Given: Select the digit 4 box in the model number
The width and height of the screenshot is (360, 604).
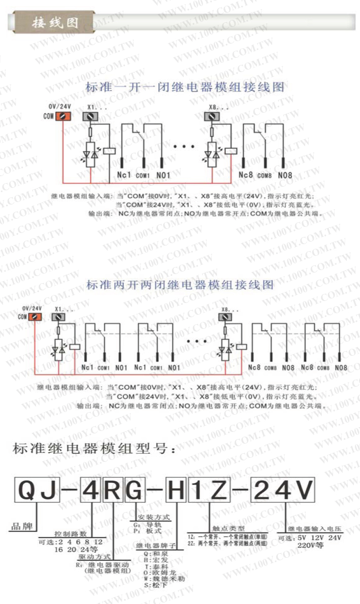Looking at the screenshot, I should tap(91, 490).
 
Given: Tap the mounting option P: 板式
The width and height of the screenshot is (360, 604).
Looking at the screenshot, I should tap(147, 531).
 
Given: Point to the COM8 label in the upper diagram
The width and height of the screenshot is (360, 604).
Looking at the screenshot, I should tap(265, 176).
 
